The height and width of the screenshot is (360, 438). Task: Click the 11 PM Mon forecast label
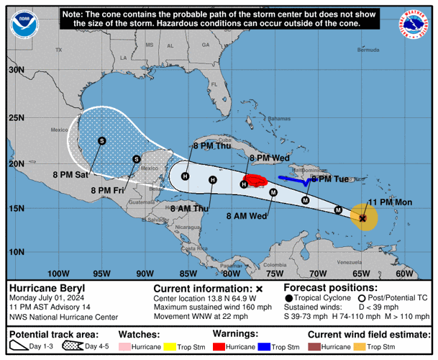pos(389,202)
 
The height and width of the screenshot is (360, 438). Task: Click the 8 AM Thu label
pos(189,208)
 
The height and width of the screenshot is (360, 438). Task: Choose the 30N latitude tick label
pos(16,70)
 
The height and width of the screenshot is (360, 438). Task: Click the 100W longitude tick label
pos(58,273)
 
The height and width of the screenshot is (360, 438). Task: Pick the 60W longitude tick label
pos(405,273)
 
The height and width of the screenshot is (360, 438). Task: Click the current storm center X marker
pos(363,217)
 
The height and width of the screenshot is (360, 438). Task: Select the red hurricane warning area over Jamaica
pos(255,179)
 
